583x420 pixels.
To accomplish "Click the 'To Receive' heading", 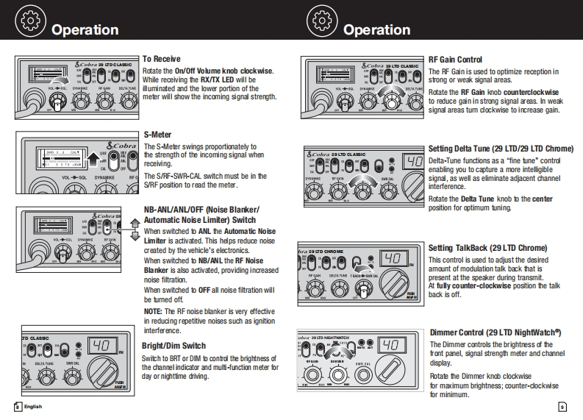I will pos(161,59).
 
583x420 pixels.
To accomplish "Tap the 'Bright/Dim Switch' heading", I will pos(174,345).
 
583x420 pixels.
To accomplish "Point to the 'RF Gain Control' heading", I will pos(455,60).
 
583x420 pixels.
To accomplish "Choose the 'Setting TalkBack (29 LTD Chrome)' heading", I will pos(487,248).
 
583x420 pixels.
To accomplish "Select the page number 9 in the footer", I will pos(562,407).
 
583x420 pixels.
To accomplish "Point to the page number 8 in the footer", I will pos(16,406).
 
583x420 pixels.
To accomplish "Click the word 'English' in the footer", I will pos(33,406).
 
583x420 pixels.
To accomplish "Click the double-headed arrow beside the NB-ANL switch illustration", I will pos(135,229).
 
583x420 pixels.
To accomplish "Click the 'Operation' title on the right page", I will pos(376,29).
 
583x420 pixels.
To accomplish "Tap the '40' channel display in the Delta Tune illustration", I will pos(412,161).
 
